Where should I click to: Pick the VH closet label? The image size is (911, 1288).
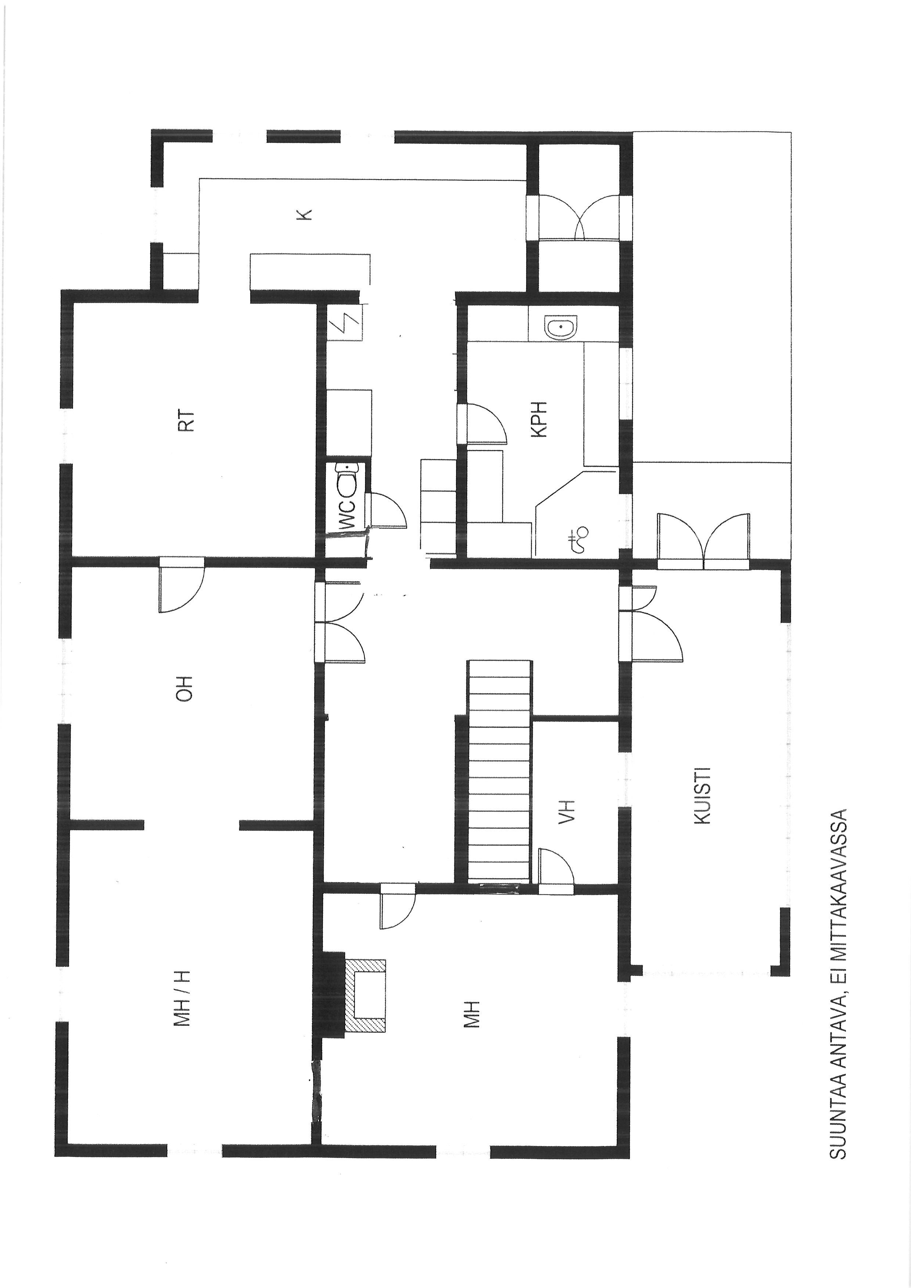coord(568,812)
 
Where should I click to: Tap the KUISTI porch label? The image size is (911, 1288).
coord(702,795)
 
